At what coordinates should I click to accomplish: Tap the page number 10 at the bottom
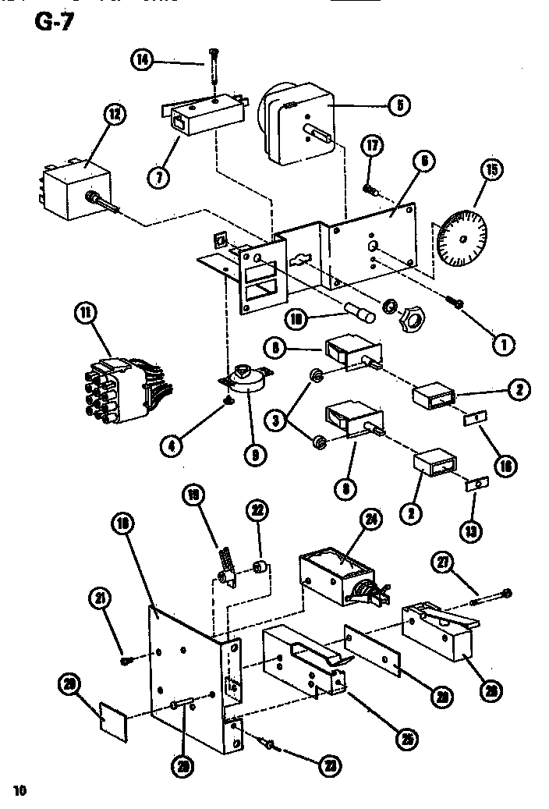(19, 790)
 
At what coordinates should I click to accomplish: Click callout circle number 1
(503, 341)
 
